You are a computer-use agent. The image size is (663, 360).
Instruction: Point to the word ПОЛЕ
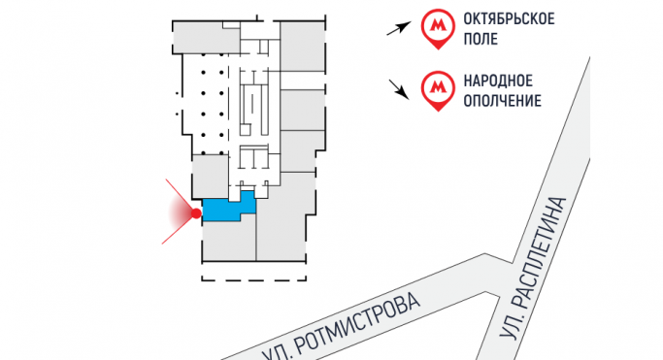(486, 41)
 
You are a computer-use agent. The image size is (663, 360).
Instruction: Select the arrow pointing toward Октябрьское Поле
(398, 28)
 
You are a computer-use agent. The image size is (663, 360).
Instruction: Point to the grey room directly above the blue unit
(209, 178)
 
